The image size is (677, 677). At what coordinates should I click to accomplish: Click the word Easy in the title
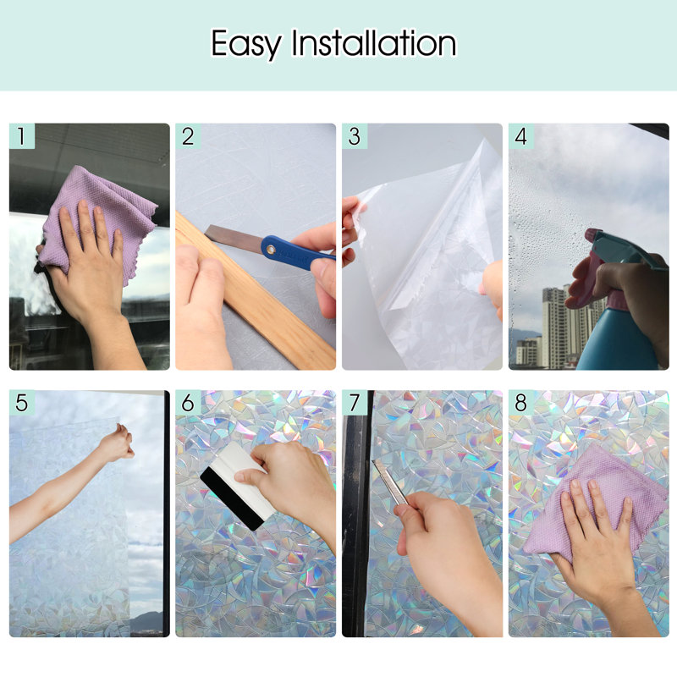pos(246,45)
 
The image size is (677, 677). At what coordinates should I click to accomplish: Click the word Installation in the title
pos(374,43)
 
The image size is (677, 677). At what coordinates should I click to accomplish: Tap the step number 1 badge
pos(22,136)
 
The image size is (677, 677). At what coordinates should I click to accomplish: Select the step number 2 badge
pos(188,136)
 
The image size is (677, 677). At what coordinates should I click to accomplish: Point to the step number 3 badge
pos(355,136)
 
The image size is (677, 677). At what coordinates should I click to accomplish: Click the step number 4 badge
pos(521,136)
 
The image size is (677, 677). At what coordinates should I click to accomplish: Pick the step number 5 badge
pos(22,403)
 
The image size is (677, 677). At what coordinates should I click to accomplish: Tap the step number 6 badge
pos(188,403)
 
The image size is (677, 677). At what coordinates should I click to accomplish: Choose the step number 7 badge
pos(355,403)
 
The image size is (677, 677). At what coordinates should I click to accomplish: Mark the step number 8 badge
pos(521,403)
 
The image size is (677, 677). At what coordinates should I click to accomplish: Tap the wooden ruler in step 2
pos(255,294)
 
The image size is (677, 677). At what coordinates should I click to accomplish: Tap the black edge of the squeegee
pos(232,499)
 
